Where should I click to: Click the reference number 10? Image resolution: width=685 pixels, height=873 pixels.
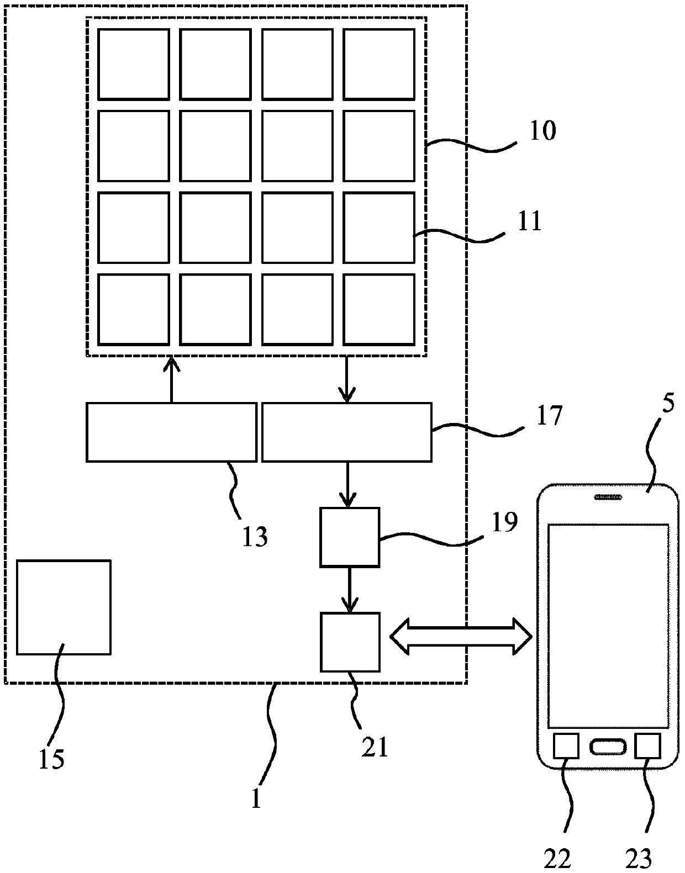tap(543, 130)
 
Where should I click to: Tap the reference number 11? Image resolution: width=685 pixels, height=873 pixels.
tap(530, 221)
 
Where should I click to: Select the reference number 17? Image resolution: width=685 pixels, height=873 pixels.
tap(549, 415)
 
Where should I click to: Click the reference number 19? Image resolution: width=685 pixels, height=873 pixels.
tap(505, 522)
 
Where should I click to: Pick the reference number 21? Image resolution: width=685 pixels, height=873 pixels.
tap(375, 747)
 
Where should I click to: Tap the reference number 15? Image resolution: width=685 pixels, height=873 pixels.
tap(51, 759)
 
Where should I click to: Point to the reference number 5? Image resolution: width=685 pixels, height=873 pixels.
tap(668, 403)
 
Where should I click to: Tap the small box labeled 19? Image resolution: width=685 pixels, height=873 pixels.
tap(350, 537)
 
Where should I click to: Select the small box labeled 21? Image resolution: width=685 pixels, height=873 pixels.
tap(350, 642)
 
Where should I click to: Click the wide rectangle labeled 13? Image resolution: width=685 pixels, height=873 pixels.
tap(172, 432)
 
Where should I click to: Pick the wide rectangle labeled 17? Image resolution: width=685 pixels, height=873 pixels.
tap(347, 432)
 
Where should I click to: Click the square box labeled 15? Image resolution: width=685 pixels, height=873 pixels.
tap(64, 607)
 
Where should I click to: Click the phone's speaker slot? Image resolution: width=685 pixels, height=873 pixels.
tap(608, 498)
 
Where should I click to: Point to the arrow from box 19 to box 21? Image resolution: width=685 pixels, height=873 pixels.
tap(350, 590)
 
